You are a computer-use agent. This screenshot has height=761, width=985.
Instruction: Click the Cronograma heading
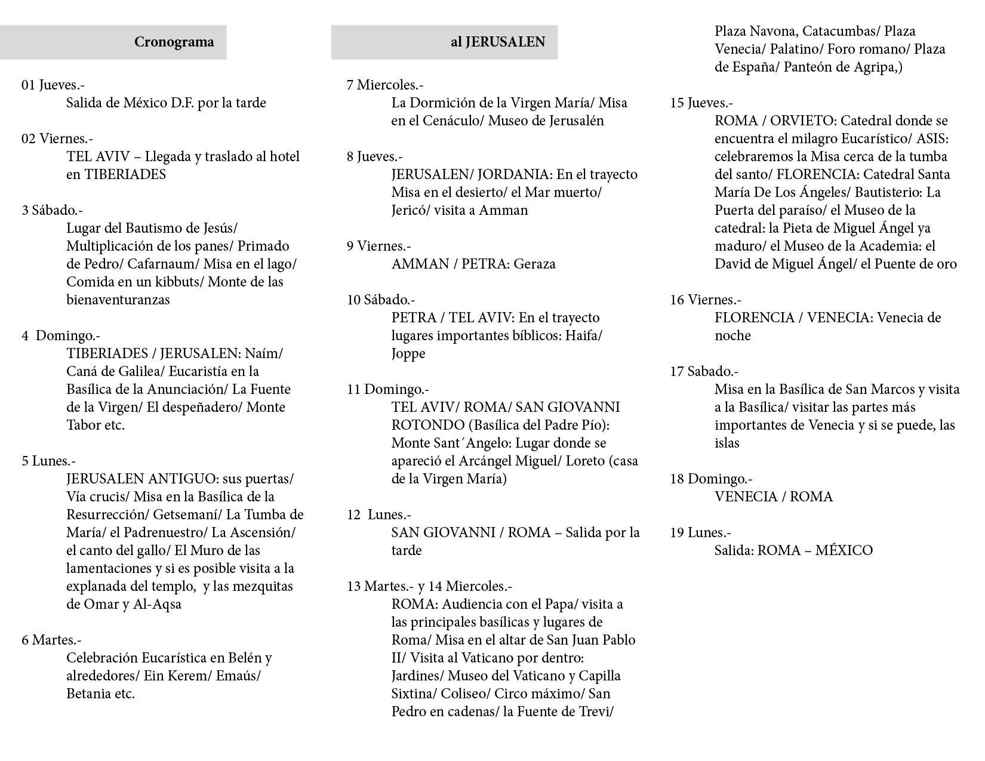(174, 42)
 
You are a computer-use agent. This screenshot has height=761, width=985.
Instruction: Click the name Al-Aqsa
(160, 604)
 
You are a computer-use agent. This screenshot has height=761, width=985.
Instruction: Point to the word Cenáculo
(452, 121)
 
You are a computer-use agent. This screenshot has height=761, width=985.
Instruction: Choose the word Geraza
(534, 264)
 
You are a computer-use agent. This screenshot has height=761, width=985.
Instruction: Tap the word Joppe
(408, 353)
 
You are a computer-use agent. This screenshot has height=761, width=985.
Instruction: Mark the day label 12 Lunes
(379, 514)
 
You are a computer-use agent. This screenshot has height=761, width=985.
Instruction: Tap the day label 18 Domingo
(711, 479)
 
